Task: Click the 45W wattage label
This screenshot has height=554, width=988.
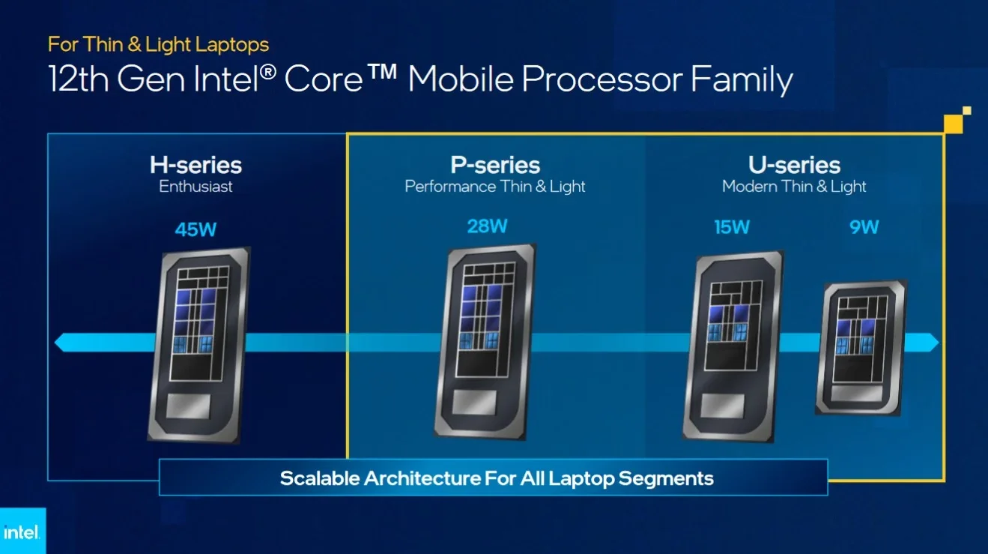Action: (x=196, y=229)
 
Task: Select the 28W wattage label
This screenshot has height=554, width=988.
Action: (x=487, y=226)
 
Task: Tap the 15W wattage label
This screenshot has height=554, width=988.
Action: (x=732, y=227)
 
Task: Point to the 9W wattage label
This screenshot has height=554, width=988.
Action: (x=864, y=227)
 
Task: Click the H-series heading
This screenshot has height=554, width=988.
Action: (x=196, y=165)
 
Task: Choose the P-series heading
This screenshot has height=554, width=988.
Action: (x=495, y=165)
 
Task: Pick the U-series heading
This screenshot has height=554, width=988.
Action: (x=794, y=165)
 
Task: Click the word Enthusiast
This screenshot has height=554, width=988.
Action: (x=196, y=186)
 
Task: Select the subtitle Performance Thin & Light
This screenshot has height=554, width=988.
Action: (x=495, y=187)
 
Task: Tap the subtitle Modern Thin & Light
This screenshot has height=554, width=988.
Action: (x=794, y=187)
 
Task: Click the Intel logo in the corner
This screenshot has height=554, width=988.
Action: (x=21, y=532)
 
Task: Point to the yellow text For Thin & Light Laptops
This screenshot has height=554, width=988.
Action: (x=158, y=44)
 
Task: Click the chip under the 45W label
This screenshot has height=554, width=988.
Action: (x=198, y=345)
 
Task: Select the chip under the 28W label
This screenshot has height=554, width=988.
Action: (x=485, y=342)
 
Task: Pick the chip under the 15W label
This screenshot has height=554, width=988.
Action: (x=733, y=346)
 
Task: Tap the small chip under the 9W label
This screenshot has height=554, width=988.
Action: (x=861, y=348)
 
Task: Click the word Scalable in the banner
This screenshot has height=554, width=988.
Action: (x=320, y=478)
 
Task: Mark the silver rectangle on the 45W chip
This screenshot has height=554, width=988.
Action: (x=188, y=406)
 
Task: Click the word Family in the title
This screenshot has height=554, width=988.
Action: (x=742, y=80)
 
